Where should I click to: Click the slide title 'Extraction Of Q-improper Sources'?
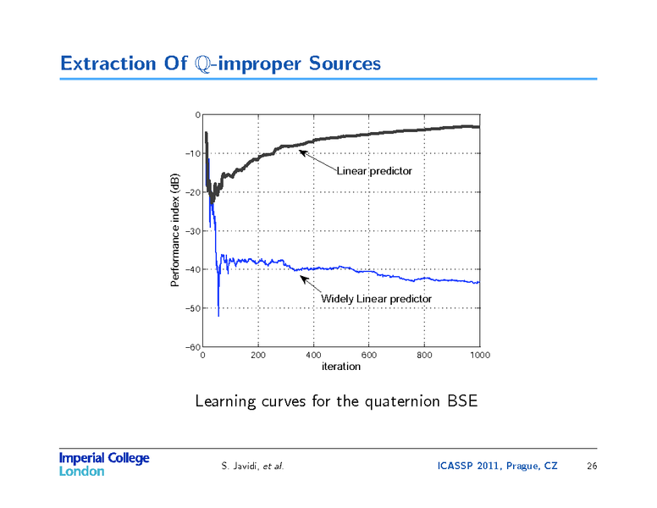pos(220,63)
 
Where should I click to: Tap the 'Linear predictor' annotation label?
pos(374,171)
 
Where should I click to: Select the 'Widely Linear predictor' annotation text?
pos(376,299)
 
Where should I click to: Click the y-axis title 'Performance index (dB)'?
pos(175,230)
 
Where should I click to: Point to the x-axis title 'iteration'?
pos(341,367)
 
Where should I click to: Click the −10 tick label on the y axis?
pos(193,154)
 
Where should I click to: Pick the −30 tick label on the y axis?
pos(193,231)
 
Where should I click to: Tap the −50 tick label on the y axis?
pos(193,308)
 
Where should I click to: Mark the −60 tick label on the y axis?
pos(193,347)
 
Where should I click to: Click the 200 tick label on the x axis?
pos(258,356)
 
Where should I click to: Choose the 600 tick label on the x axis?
pos(369,356)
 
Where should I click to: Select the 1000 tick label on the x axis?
pos(479,356)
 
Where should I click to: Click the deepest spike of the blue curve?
pos(218,315)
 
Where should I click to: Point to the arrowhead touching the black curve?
pos(301,152)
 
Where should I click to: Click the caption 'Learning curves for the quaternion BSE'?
pos(336,400)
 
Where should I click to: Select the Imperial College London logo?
pos(103,464)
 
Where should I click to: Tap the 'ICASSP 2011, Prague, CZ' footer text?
pos(497,466)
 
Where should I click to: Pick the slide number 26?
pos(591,466)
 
